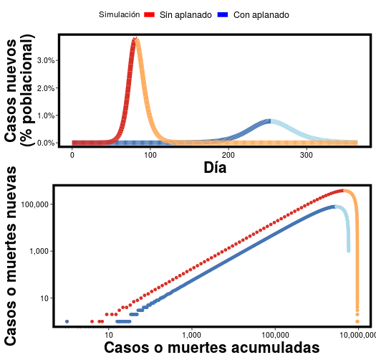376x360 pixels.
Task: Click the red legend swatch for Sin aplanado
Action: [150, 15]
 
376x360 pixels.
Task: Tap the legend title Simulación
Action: [119, 15]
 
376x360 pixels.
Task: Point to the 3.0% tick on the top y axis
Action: [45, 60]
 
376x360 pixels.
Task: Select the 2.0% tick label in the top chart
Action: [45, 87]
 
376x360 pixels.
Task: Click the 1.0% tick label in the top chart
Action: [45, 115]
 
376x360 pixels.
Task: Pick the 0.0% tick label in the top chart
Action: [45, 143]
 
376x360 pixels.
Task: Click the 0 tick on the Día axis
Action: [72, 155]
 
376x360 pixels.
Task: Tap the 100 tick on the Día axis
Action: [150, 155]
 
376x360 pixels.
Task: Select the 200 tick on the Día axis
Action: [228, 155]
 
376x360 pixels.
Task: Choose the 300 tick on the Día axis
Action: [307, 155]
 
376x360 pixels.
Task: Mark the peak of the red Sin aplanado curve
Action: [134, 41]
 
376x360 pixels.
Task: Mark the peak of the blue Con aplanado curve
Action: [270, 120]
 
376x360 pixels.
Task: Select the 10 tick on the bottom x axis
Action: [109, 334]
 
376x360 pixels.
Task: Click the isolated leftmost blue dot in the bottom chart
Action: [67, 321]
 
